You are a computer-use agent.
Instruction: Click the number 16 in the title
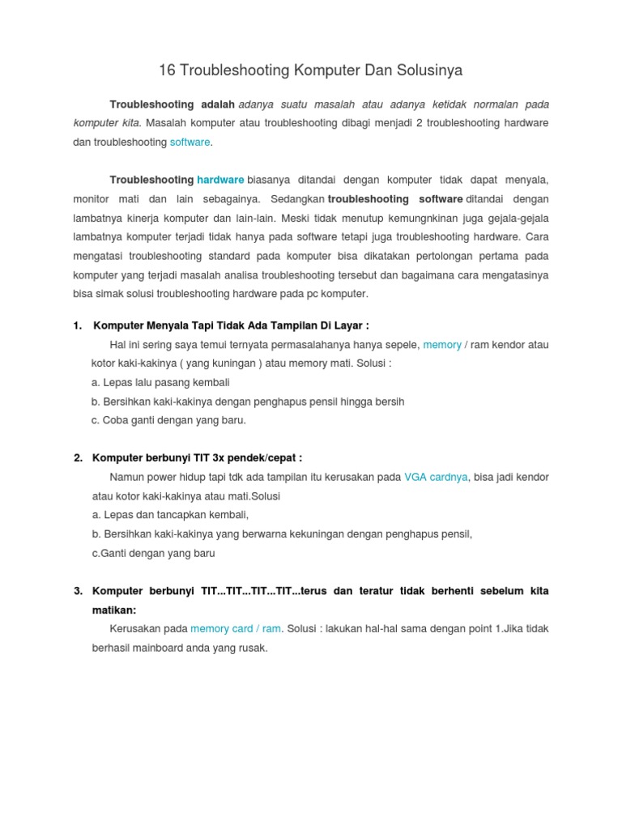167,70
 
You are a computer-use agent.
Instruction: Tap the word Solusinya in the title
429,70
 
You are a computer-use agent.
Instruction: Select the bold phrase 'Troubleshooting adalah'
172,104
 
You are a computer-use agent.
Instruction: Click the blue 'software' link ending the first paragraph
190,142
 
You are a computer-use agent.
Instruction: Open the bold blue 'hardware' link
220,180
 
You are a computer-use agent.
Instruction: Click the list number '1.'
78,325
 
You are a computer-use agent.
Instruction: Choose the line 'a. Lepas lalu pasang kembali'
160,382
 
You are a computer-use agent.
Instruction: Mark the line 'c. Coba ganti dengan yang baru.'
168,420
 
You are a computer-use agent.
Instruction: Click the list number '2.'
78,458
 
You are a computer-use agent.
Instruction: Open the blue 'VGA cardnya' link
436,478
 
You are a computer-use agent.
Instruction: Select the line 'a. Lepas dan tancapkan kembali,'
170,515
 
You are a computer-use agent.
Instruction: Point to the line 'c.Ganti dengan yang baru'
154,553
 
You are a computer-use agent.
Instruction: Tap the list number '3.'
78,591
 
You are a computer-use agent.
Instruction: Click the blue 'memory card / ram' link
236,629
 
